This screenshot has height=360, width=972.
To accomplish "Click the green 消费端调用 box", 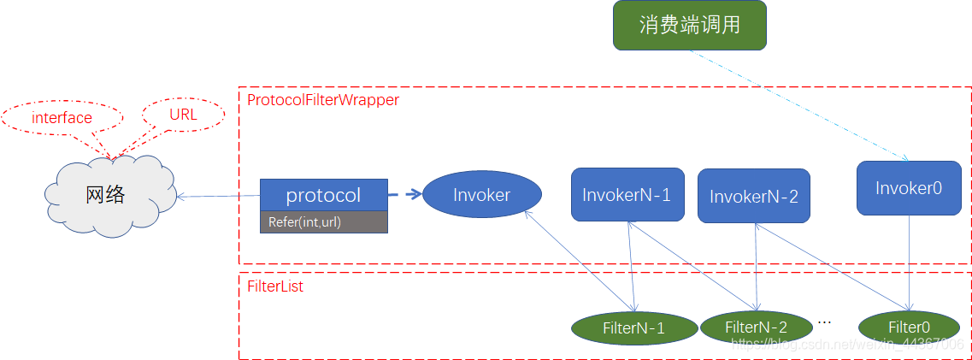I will click(689, 25).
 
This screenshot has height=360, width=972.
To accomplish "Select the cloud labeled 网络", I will click(106, 195).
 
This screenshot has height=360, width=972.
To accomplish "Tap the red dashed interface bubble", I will click(62, 118).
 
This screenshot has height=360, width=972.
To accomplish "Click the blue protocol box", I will click(323, 195).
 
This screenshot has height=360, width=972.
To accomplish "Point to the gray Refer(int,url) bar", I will click(323, 222).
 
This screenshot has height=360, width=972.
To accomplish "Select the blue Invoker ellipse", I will click(481, 195).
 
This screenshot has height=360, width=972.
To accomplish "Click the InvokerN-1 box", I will click(627, 195).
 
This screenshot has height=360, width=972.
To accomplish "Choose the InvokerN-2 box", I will click(753, 197).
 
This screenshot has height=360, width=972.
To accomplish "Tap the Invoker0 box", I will click(908, 187).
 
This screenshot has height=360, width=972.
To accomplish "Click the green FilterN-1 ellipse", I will click(633, 328).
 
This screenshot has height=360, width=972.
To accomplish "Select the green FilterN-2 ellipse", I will click(756, 327).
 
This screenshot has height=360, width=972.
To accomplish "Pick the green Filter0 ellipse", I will click(909, 327).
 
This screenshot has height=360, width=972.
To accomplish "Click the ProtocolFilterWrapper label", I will click(322, 100).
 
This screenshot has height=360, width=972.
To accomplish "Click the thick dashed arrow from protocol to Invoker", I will click(405, 194).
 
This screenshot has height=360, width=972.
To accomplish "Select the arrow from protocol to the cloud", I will click(218, 197).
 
